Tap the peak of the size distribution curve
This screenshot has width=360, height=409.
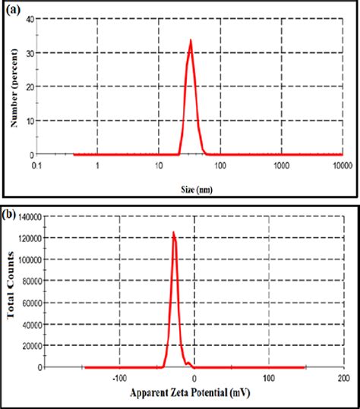191,41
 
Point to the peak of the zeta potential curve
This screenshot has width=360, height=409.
173,233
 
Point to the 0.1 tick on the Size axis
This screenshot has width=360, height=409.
36,165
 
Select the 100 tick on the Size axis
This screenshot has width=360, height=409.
219,165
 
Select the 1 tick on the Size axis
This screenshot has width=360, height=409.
97,165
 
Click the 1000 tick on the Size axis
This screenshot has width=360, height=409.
281,165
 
